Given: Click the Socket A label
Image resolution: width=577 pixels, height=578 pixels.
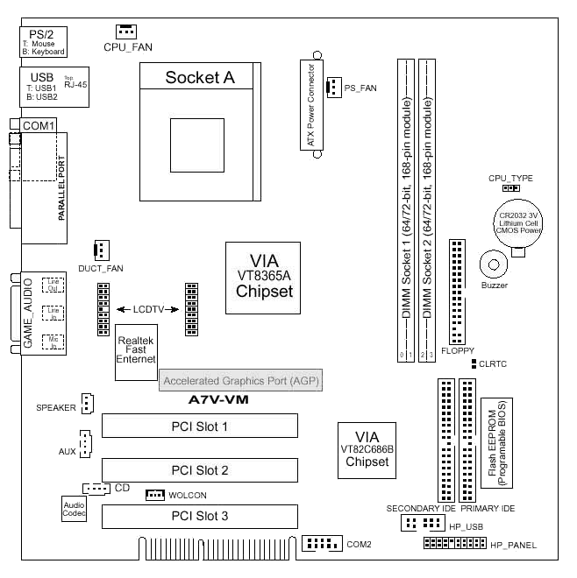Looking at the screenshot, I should point(200,78).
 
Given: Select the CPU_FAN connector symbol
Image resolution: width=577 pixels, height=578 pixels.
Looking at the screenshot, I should point(125,31).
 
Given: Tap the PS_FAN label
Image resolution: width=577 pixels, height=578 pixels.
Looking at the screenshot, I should point(360,88).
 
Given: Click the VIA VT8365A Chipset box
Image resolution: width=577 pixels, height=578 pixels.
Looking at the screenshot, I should point(263,278).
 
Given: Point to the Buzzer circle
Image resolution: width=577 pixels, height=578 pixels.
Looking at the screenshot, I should point(495,264).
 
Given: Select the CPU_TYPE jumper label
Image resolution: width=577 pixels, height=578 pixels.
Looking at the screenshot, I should point(510,178).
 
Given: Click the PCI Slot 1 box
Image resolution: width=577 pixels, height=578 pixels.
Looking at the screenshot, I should point(199,426).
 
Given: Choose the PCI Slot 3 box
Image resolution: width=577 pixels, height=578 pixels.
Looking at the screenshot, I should point(199,517).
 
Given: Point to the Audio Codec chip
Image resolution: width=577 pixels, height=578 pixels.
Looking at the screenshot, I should point(74,510).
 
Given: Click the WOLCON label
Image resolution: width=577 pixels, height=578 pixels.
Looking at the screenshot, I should point(189,496).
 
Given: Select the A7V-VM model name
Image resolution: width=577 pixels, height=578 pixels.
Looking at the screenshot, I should point(220,400).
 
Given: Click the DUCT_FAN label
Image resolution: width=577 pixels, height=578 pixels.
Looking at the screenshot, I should point(99,269).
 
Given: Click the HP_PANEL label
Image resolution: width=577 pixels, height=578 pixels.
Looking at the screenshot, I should point(513,546).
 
